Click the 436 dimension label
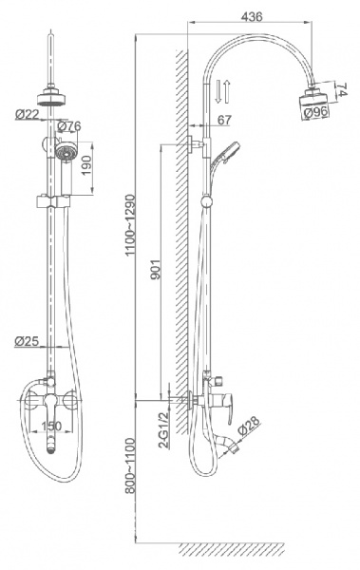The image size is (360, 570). [x=252, y=16]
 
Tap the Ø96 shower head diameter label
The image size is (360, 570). [x=315, y=112]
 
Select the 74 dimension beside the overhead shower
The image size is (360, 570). [x=341, y=89]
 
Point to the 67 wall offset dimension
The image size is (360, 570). [x=225, y=120]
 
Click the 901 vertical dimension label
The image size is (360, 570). [x=155, y=270]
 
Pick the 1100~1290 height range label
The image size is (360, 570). [x=130, y=225]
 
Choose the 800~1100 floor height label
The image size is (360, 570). [x=130, y=465]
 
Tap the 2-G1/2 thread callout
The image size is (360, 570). [x=165, y=429]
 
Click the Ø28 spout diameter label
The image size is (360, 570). [x=250, y=426]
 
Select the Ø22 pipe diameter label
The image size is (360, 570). [x=27, y=115]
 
